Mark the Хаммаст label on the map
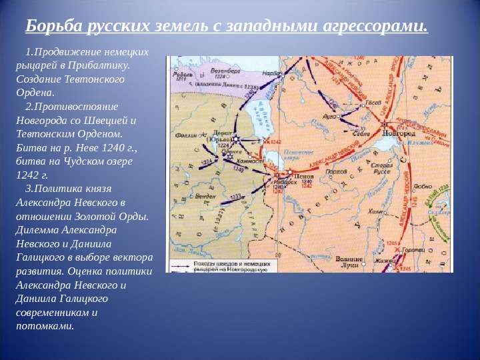click(x=251, y=160)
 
